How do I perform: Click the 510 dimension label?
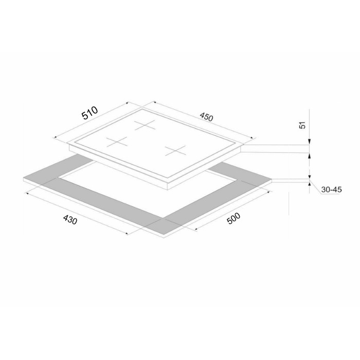(90, 113)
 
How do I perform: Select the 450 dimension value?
(206, 117)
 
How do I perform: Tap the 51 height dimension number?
(303, 125)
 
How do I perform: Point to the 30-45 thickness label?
(331, 190)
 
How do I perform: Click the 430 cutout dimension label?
(70, 220)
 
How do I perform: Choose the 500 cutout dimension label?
(233, 218)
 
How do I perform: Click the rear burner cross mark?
(145, 125)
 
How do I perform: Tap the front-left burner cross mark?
(117, 141)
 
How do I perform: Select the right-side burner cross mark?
(175, 151)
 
